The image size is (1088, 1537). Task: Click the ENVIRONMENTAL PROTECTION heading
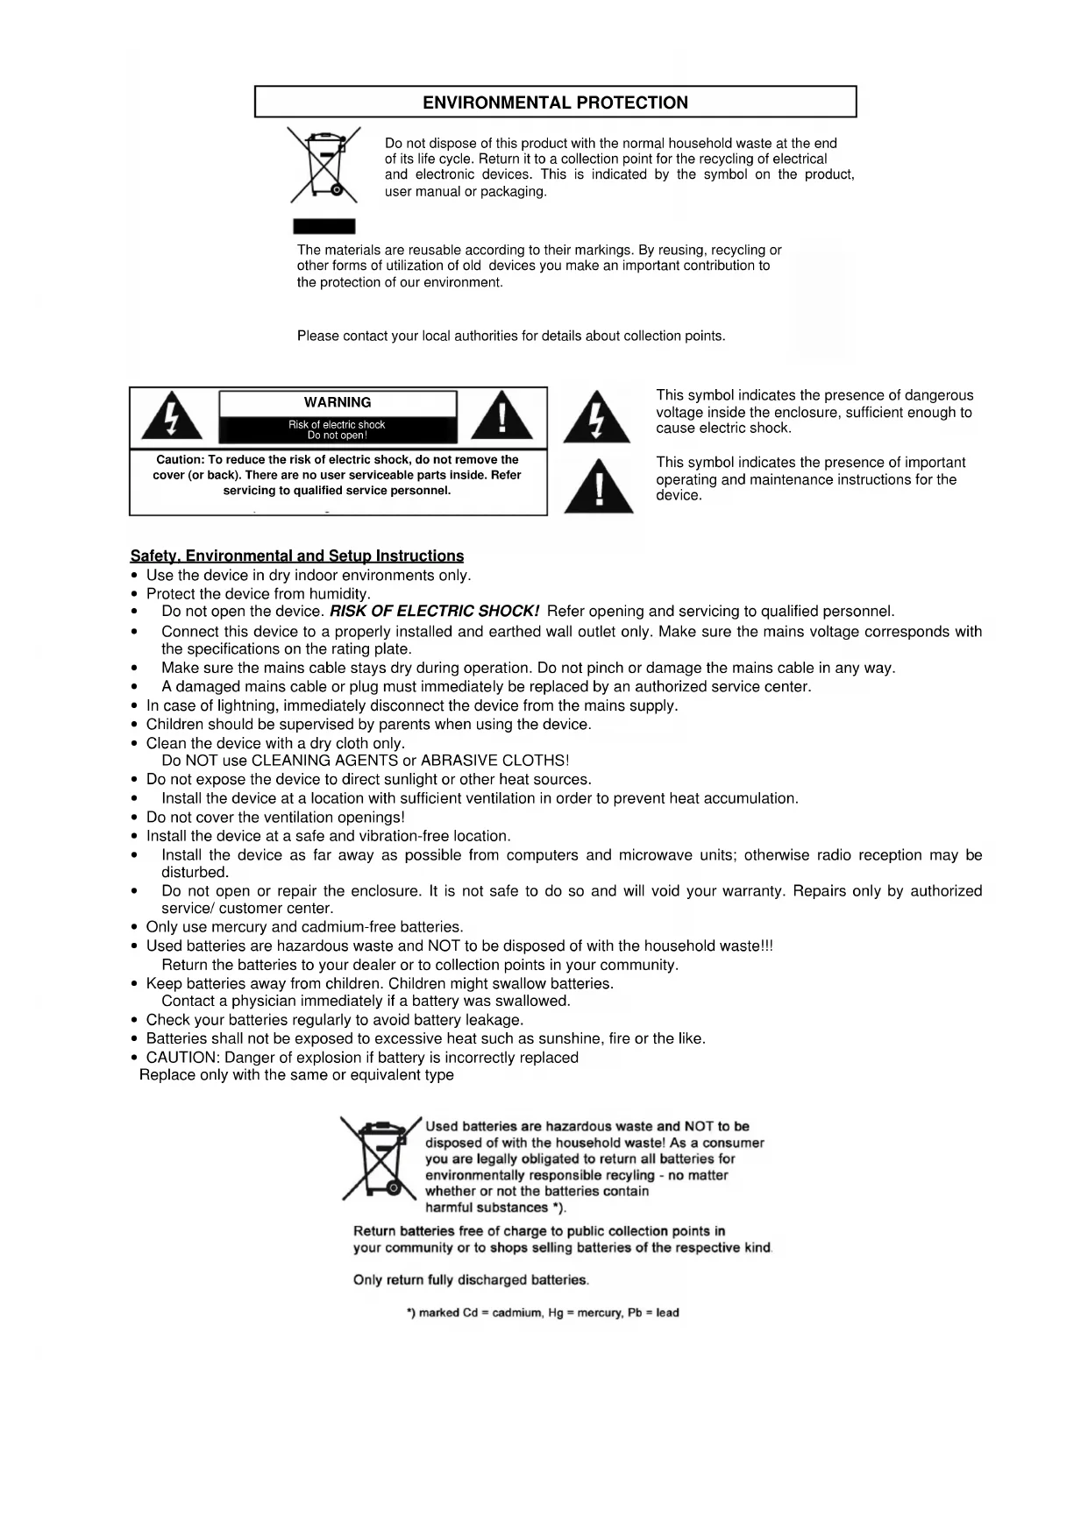point(555,103)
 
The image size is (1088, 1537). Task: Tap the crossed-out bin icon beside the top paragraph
point(324,165)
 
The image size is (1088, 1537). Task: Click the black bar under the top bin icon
point(324,226)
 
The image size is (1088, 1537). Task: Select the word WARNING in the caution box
point(338,403)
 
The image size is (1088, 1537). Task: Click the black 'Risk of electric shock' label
point(338,430)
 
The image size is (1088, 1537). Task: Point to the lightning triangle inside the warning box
point(172,416)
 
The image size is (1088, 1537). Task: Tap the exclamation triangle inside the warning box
point(501,416)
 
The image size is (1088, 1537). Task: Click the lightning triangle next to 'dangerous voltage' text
point(596,418)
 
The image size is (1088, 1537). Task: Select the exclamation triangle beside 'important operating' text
point(599,487)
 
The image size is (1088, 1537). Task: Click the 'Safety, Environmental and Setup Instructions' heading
point(297,556)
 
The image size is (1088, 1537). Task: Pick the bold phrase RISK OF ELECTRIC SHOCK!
point(434,611)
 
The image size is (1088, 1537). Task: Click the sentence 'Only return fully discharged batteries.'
point(471,1280)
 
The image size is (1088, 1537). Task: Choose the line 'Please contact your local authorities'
point(511,336)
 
